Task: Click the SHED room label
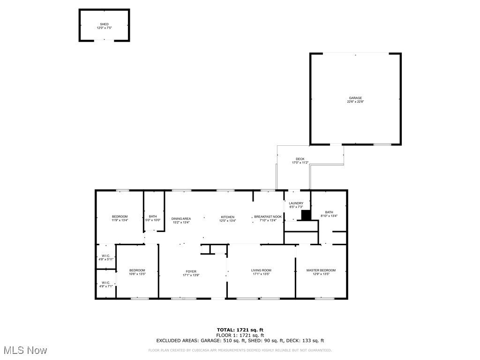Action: coord(104,24)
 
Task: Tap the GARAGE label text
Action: coord(355,98)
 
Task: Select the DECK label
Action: coord(300,159)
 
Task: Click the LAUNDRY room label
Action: coord(296,203)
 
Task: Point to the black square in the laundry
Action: coord(306,215)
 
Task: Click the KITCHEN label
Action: coord(228,217)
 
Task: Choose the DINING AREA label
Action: coord(181,218)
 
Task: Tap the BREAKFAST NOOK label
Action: coord(268,217)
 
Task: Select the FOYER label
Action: coord(191,271)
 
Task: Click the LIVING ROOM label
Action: coord(262,270)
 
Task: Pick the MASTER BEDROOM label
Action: coord(321,270)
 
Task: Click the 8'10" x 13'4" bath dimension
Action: coord(329,216)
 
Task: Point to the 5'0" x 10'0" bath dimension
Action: coord(153,220)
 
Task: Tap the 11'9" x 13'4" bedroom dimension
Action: coord(120,220)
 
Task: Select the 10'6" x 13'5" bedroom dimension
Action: coord(137,274)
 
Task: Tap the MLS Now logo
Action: coord(24,350)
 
